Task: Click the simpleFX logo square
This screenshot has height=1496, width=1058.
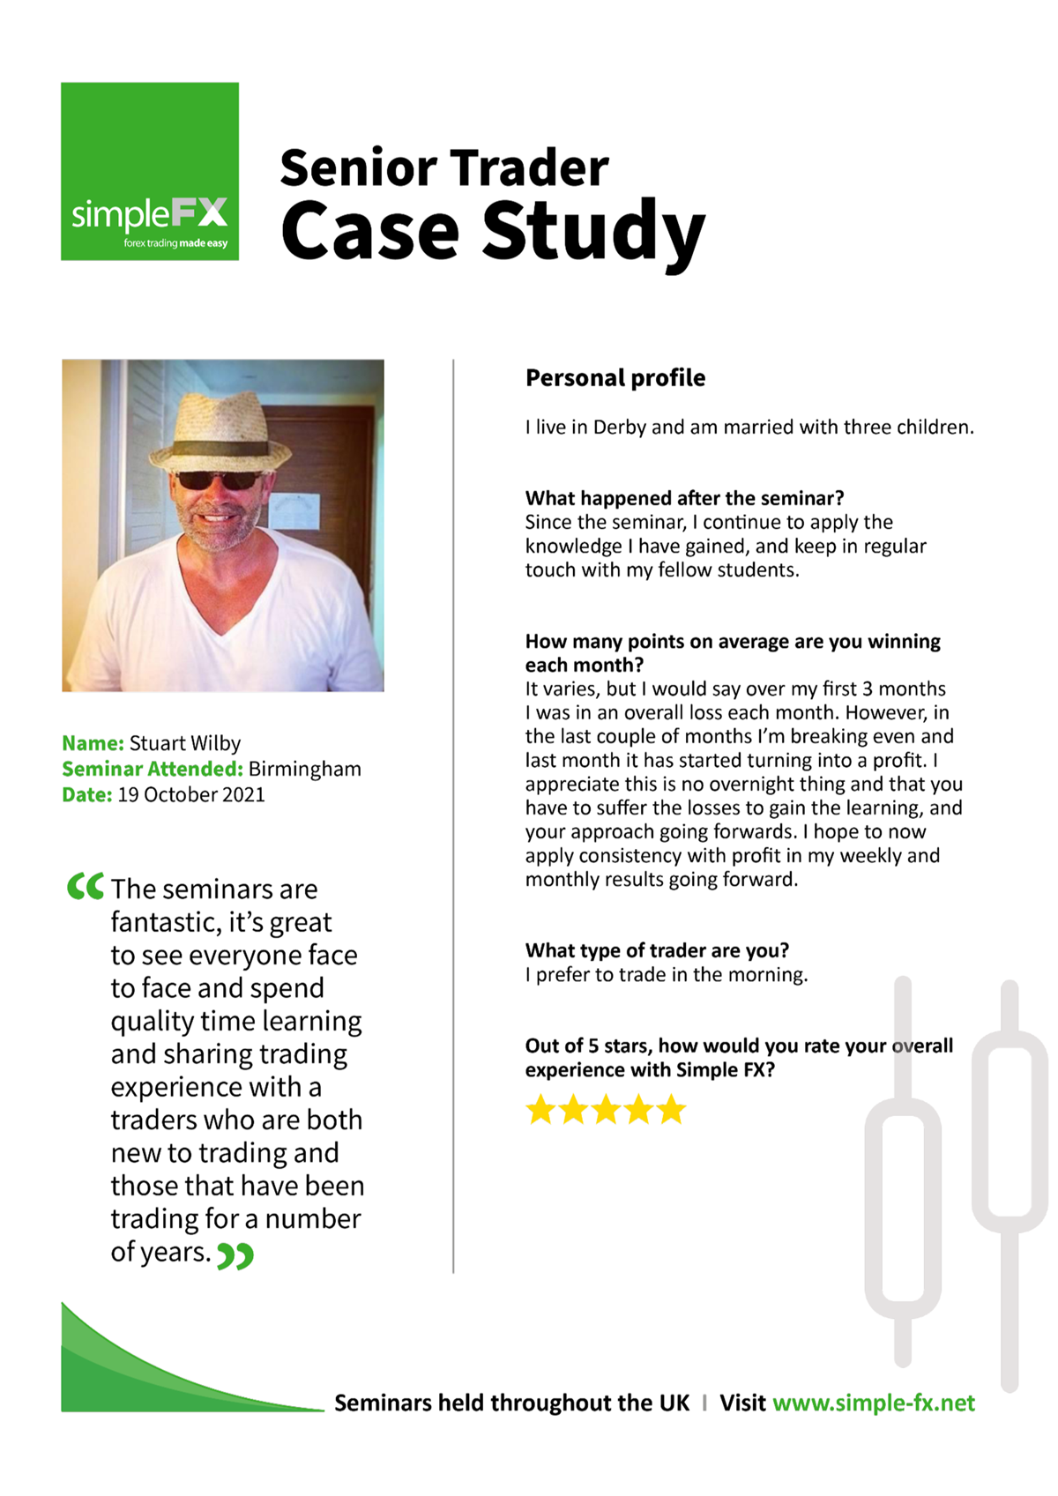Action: pos(150,171)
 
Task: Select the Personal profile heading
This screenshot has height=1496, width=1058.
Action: pos(615,378)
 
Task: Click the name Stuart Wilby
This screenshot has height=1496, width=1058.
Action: pos(184,743)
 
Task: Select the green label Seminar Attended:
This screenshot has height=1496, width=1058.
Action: pos(152,769)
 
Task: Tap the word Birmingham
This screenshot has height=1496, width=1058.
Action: pos(304,769)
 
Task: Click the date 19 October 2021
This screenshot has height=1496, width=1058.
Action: pos(190,794)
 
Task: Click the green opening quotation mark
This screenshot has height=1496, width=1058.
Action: pos(85,886)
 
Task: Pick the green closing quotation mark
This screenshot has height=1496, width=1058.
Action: pos(235,1255)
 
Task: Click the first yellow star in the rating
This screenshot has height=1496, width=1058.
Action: pos(540,1109)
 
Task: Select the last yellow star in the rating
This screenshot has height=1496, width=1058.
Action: pos(671,1109)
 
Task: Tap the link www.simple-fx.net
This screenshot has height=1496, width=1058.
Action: pos(873,1403)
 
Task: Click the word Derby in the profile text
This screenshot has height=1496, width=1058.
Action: pos(619,428)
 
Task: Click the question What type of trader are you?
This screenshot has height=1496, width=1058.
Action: pos(657,950)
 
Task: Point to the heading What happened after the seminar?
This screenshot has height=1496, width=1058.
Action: pos(684,498)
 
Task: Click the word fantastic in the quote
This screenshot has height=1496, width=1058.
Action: pos(166,923)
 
